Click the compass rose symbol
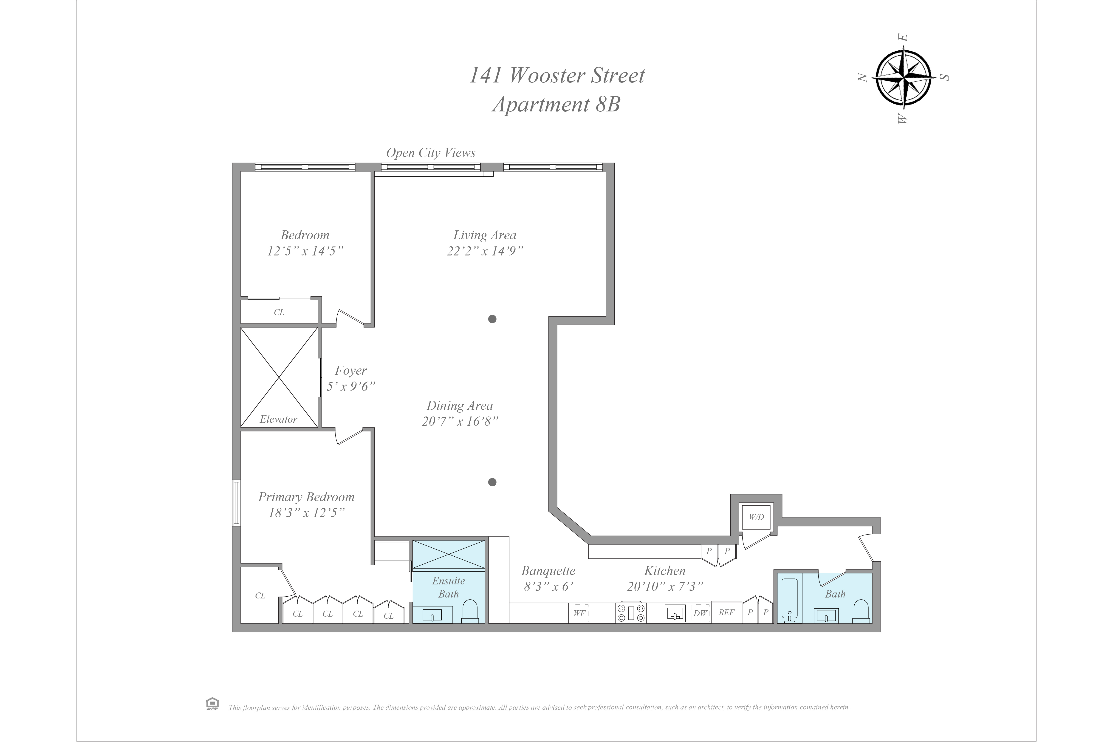[904, 78]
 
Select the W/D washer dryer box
[756, 517]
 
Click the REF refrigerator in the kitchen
[726, 612]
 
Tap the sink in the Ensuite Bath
[432, 615]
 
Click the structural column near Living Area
[492, 319]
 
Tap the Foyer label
[350, 371]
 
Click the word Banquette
[548, 571]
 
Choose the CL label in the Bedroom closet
[279, 312]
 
